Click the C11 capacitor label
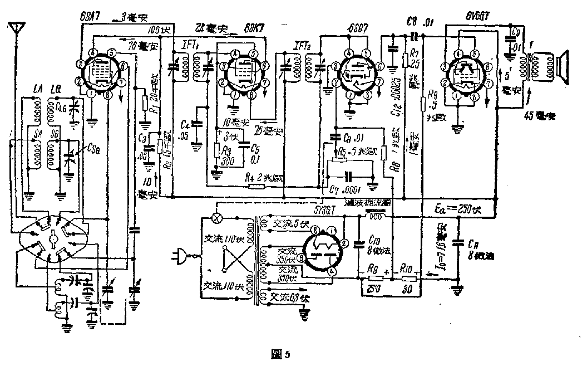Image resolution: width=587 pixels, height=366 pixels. pos(472,243)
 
